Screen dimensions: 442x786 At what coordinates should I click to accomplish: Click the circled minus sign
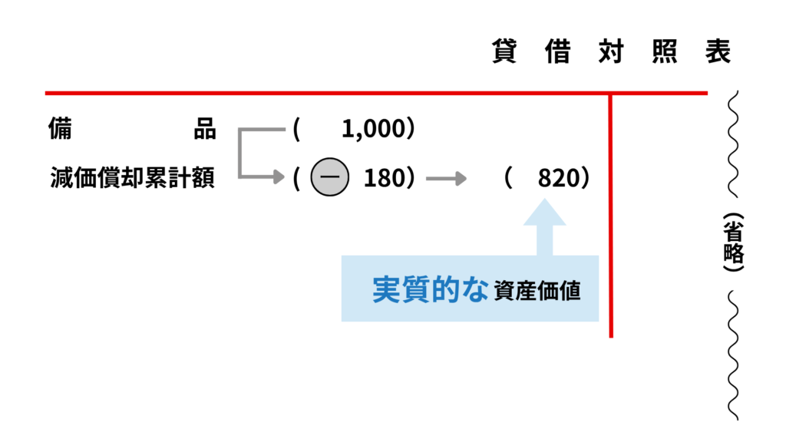pos(329,179)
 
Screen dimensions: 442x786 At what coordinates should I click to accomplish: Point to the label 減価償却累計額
pos(131,179)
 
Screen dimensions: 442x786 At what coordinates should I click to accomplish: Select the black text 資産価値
pos(537,291)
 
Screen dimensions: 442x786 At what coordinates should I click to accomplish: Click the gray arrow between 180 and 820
pos(447,179)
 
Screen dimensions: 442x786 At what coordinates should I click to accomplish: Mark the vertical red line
pos(611,215)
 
